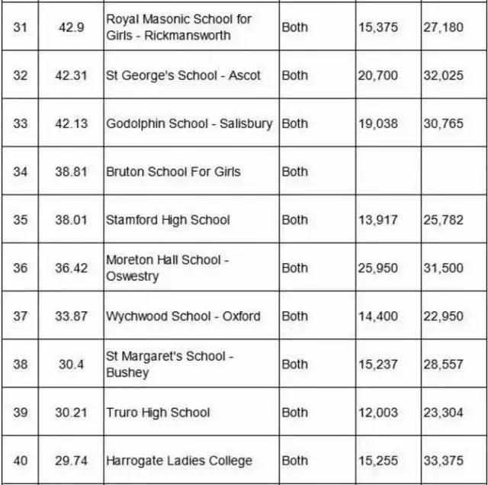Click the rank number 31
click(x=20, y=27)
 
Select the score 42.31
click(x=73, y=75)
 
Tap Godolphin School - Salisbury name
click(x=189, y=123)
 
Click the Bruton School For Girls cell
click(x=173, y=171)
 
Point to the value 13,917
click(x=377, y=220)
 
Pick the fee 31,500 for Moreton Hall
click(x=443, y=268)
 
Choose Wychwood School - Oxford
click(x=183, y=316)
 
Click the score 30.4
click(x=73, y=364)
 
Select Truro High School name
click(x=158, y=412)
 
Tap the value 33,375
click(x=443, y=460)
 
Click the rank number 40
click(x=20, y=460)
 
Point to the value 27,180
click(x=443, y=27)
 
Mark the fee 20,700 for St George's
click(x=377, y=75)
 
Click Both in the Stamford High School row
click(x=295, y=220)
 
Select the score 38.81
click(x=73, y=171)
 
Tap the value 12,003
click(x=377, y=412)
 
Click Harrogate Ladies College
click(x=178, y=460)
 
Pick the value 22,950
click(x=443, y=316)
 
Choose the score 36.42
click(x=73, y=268)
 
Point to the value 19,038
click(x=377, y=123)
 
